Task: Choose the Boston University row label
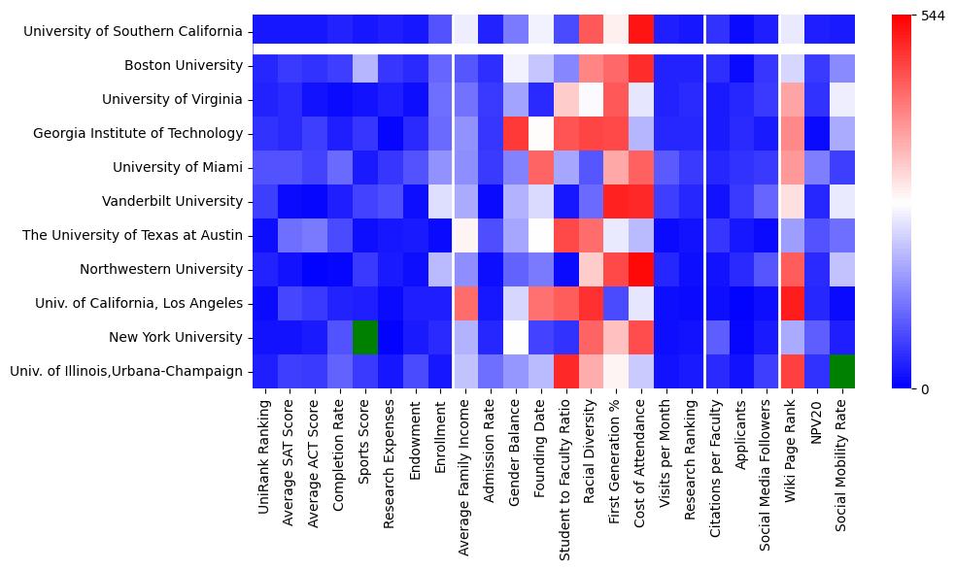tap(184, 65)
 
